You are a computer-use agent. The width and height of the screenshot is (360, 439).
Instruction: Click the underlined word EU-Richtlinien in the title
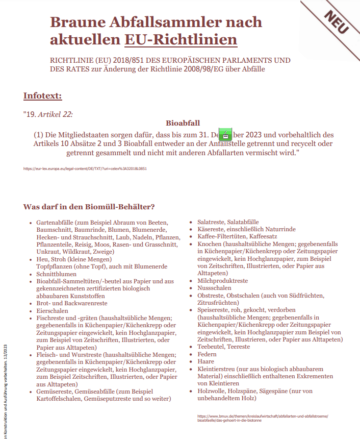[181, 39]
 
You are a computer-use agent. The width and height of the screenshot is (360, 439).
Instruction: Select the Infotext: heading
[42, 95]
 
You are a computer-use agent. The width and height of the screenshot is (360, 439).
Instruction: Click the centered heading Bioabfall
[183, 123]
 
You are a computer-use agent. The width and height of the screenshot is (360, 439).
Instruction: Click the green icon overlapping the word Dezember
[225, 136]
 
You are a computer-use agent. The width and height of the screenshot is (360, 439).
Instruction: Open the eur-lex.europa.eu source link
[85, 168]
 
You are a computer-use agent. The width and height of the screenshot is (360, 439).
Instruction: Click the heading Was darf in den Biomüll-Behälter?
[89, 207]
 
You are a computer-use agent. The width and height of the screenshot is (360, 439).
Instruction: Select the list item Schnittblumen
[56, 274]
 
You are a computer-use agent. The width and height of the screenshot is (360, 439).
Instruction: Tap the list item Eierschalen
[52, 310]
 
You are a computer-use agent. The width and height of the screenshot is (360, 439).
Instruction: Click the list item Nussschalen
[214, 288]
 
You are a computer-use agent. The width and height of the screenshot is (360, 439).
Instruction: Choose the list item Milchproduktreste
[222, 281]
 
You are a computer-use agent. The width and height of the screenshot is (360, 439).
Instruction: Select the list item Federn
[207, 354]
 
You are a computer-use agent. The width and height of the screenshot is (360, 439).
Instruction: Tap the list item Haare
[205, 361]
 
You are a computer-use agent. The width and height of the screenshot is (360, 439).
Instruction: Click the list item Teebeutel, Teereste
[223, 347]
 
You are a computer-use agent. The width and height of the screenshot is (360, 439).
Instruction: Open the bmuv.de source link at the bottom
[262, 419]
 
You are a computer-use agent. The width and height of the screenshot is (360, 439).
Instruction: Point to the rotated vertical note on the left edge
[5, 388]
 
